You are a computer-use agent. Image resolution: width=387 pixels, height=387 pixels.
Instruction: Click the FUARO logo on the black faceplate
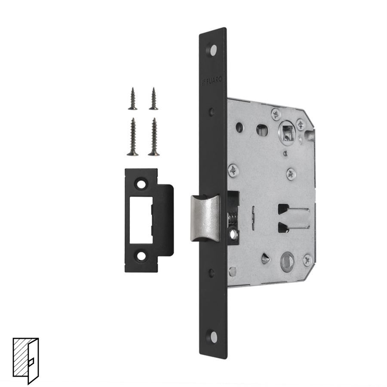212,80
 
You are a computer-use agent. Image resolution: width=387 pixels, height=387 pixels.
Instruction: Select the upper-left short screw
133,98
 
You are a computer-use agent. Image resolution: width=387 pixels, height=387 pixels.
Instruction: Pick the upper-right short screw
154,98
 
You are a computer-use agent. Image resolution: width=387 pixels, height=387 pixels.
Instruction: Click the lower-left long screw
133,137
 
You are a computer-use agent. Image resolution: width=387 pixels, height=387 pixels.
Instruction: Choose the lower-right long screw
154,137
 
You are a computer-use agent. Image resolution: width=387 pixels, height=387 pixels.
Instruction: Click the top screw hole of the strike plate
141,184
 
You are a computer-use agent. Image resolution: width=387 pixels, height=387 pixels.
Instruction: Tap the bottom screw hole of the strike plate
141,256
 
